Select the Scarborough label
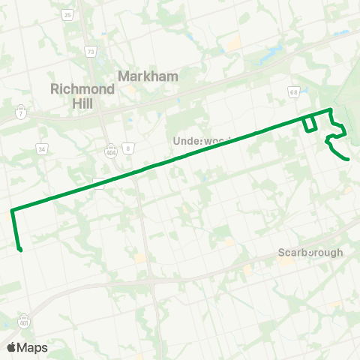(310, 252)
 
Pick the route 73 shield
(91, 52)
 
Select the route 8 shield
(128, 149)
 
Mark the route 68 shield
(294, 91)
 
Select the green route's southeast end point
(349, 159)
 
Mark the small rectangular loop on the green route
(309, 124)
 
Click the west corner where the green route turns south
(12, 211)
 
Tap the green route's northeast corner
(329, 110)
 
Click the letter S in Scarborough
(281, 252)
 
